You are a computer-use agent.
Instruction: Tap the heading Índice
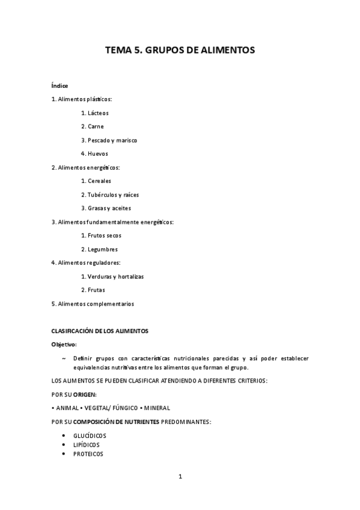coord(59,85)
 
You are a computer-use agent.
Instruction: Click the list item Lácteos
coord(97,112)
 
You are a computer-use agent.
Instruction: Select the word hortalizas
coord(130,277)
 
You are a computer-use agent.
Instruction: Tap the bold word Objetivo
coord(64,345)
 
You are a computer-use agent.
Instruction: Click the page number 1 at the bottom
coord(180,477)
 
